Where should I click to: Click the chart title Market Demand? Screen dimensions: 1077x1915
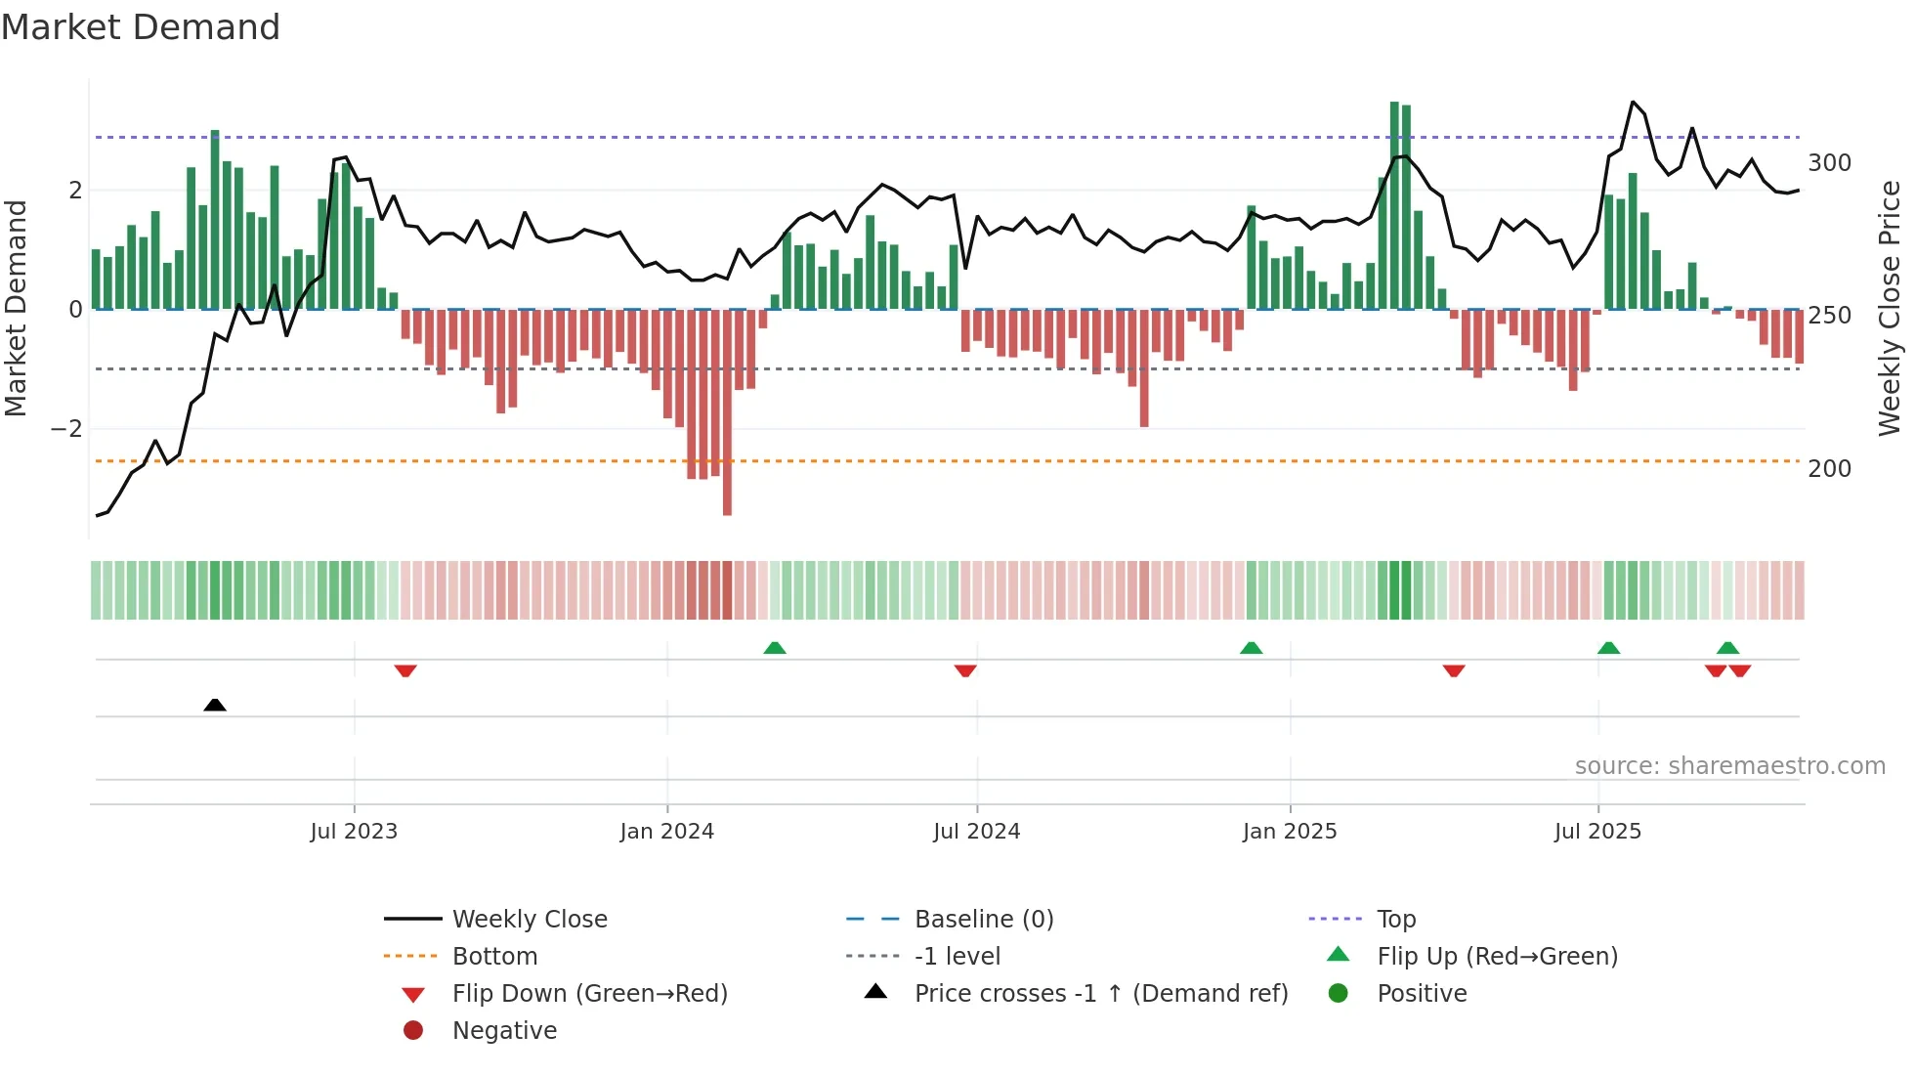pyautogui.click(x=141, y=27)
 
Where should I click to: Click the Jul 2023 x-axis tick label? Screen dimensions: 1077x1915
pyautogui.click(x=354, y=832)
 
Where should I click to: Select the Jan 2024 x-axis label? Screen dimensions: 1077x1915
pyautogui.click(x=666, y=832)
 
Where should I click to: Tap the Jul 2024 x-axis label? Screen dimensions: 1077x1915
pyautogui.click(x=976, y=832)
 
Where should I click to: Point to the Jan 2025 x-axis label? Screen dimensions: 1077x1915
pyautogui.click(x=1290, y=832)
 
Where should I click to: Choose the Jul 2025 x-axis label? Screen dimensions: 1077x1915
pyautogui.click(x=1597, y=832)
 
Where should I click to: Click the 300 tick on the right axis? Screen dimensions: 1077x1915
pyautogui.click(x=1829, y=163)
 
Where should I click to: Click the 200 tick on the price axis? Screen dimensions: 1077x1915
pyautogui.click(x=1829, y=469)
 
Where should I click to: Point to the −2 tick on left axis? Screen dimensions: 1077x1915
pyautogui.click(x=66, y=429)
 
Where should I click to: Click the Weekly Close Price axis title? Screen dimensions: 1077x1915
pyautogui.click(x=1890, y=308)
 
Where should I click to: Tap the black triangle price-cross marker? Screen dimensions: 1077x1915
pyautogui.click(x=215, y=705)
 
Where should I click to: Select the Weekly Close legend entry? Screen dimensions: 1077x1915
pyautogui.click(x=529, y=920)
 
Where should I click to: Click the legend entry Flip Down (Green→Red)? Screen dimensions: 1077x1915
pyautogui.click(x=589, y=994)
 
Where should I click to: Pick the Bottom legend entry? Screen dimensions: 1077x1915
pyautogui.click(x=494, y=957)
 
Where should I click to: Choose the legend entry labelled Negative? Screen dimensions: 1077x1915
pyautogui.click(x=504, y=1031)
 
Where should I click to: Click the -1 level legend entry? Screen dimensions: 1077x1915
pyautogui.click(x=957, y=957)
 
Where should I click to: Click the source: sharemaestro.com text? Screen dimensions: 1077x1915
pyautogui.click(x=1729, y=766)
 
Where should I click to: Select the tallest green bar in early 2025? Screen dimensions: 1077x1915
pyautogui.click(x=1394, y=205)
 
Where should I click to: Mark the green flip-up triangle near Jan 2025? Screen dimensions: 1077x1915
pyautogui.click(x=1251, y=648)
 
